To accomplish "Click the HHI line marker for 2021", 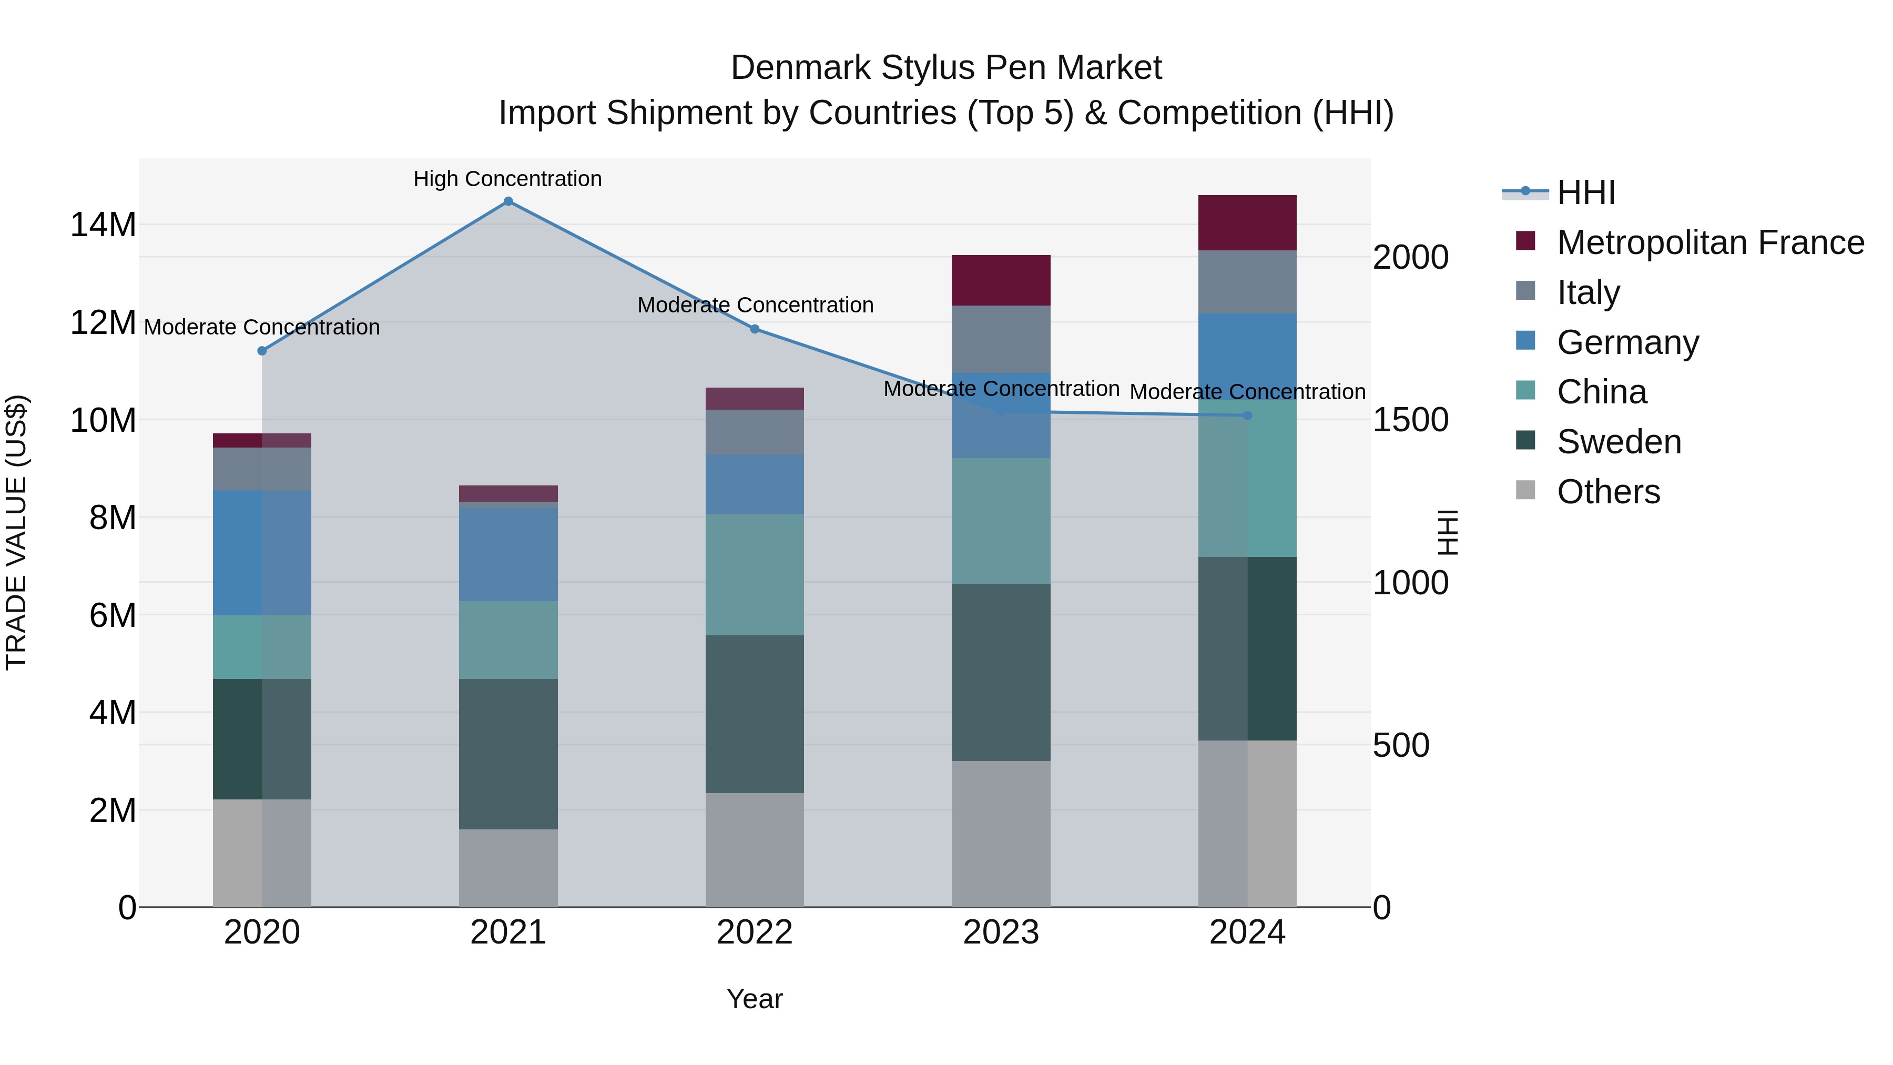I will point(508,201).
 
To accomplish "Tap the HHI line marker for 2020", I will point(262,351).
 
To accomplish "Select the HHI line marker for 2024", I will point(1247,416).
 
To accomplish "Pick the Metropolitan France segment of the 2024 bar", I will point(1247,222).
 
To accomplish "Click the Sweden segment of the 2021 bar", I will point(508,754).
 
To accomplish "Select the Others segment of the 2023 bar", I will point(1001,834).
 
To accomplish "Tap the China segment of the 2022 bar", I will point(755,575).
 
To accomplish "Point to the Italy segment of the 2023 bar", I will point(1001,340).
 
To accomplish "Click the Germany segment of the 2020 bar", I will point(262,553).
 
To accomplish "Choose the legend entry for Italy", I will point(1587,292).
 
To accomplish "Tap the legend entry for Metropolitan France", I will point(1709,242).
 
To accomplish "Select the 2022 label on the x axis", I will point(755,932).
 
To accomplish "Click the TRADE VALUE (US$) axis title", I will point(16,532).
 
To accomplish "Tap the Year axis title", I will point(755,999).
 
